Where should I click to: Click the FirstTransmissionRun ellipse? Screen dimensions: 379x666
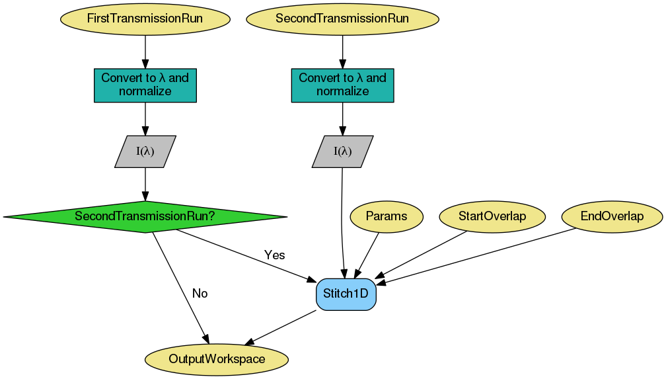[145, 19]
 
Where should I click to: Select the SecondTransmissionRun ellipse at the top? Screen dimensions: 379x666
[342, 19]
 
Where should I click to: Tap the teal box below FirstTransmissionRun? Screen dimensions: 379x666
[145, 85]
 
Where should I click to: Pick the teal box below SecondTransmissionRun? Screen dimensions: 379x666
[342, 85]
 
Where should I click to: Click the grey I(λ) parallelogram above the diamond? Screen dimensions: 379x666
[145, 151]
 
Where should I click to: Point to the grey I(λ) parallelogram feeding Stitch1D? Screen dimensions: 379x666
[342, 151]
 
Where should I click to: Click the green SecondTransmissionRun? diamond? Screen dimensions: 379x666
[145, 217]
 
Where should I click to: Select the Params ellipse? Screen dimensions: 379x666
[386, 217]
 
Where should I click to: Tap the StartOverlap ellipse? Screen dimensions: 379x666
[492, 217]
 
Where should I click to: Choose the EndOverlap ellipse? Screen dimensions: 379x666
[612, 217]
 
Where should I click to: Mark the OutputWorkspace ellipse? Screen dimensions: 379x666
[217, 360]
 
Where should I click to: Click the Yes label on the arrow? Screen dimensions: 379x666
[275, 255]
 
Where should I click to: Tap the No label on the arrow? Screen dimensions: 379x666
[200, 294]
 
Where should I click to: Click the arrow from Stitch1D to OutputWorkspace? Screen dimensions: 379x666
[281, 327]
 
